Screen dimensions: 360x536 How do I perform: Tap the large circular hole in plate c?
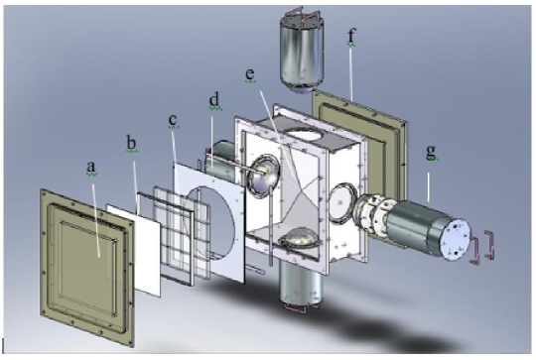pos(220,223)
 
